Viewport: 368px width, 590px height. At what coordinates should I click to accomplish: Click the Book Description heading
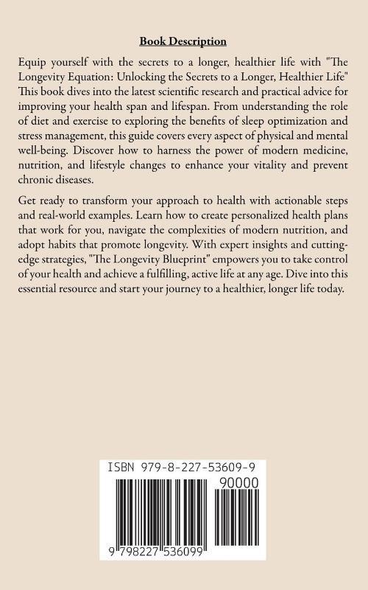click(x=183, y=42)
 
